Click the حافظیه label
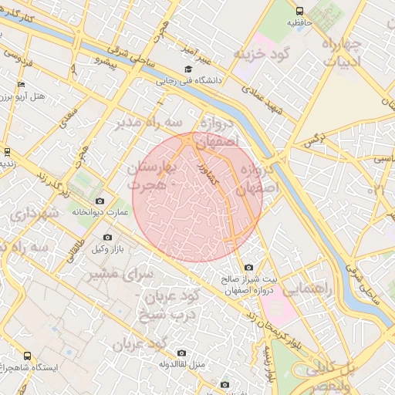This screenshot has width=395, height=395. [x=299, y=22]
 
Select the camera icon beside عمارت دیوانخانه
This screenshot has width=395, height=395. [x=100, y=201]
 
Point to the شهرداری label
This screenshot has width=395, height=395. [x=31, y=212]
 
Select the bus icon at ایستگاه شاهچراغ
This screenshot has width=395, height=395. [x=27, y=356]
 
